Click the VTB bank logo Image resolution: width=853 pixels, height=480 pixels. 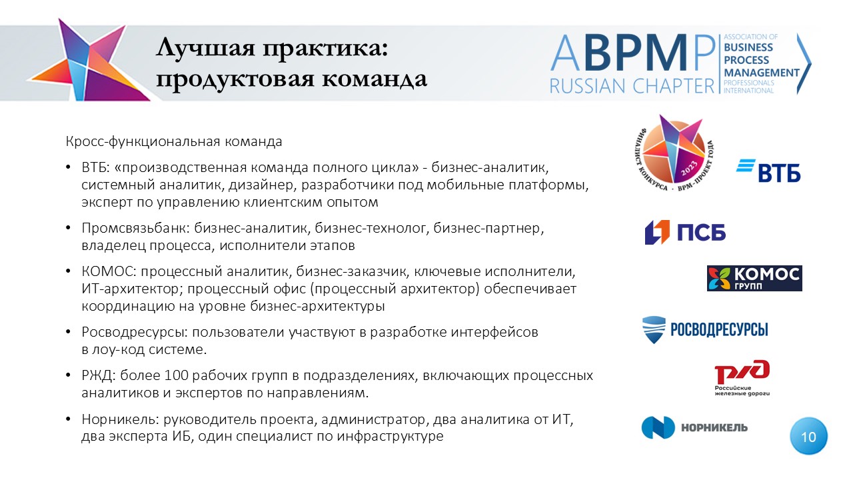[x=768, y=170]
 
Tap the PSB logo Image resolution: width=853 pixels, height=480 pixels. [x=685, y=232]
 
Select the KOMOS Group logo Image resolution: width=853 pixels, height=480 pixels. [x=754, y=279]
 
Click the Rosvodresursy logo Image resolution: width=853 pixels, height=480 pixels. [x=705, y=329]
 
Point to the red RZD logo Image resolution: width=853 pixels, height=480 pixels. [x=742, y=377]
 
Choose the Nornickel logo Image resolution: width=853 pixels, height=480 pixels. [x=694, y=427]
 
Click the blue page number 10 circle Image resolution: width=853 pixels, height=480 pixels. [x=808, y=436]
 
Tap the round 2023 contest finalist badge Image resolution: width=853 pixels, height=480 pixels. [x=674, y=153]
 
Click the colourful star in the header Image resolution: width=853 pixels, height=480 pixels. [x=88, y=61]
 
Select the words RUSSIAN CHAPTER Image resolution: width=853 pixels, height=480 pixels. [x=632, y=86]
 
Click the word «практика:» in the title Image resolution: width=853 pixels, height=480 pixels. [x=325, y=49]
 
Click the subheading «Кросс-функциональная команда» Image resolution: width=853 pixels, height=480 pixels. [x=174, y=142]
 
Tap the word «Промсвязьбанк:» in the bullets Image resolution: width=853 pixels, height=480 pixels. [x=135, y=228]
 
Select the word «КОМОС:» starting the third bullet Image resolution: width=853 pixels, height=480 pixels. [x=109, y=271]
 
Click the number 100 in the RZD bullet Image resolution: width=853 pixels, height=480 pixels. [x=177, y=375]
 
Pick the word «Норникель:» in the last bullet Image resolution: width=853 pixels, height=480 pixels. [x=121, y=419]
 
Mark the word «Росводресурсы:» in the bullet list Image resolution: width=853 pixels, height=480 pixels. [x=135, y=332]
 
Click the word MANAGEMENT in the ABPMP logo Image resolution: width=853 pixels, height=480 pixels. [x=762, y=73]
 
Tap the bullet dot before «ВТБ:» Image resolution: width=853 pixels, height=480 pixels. [x=68, y=167]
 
